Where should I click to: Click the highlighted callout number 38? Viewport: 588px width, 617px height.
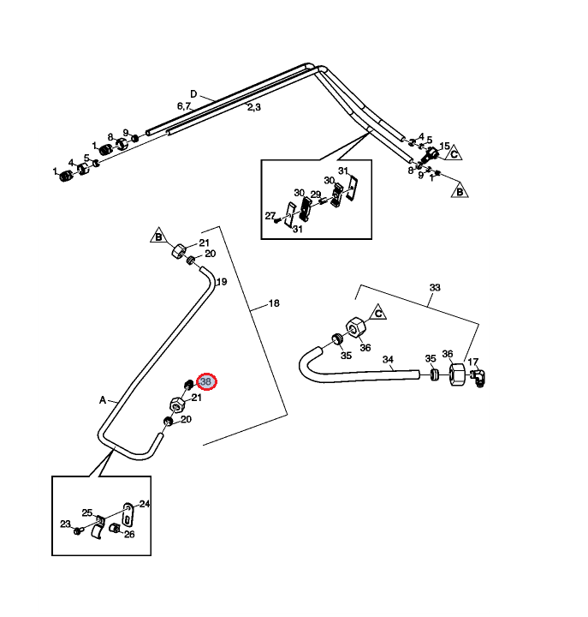[x=206, y=382]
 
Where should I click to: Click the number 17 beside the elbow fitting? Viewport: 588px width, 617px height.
[x=473, y=362]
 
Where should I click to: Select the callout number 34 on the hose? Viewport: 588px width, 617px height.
[x=388, y=360]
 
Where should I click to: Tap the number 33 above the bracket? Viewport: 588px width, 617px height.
[x=435, y=288]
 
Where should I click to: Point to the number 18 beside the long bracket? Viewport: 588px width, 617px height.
[x=274, y=303]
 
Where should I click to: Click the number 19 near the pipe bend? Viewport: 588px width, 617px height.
[x=221, y=281]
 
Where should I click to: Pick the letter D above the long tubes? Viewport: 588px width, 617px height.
[x=193, y=94]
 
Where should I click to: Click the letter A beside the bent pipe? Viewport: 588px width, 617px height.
[x=103, y=399]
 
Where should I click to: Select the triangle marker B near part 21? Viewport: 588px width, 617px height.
[x=158, y=236]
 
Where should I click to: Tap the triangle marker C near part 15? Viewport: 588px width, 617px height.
[x=455, y=154]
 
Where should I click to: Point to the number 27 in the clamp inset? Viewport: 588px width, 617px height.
[x=270, y=216]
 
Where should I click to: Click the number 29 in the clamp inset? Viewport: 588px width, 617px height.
[x=315, y=195]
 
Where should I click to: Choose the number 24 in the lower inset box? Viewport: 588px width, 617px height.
[x=145, y=504]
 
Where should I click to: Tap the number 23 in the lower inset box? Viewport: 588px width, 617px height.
[x=65, y=524]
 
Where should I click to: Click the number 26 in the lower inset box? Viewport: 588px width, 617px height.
[x=129, y=534]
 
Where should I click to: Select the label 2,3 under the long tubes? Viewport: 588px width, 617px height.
[x=253, y=107]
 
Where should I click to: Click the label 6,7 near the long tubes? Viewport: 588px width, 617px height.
[x=184, y=105]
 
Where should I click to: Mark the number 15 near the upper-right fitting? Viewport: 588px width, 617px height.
[x=444, y=147]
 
